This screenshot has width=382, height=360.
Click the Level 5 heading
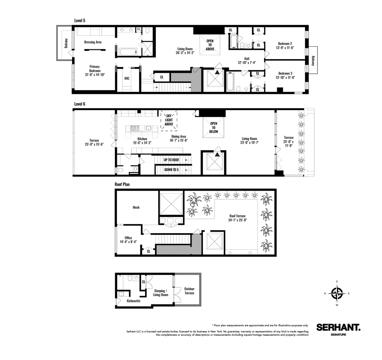(x=80, y=21)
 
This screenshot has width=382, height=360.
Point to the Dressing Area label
(x=93, y=42)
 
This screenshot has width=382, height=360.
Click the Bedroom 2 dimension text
(x=285, y=48)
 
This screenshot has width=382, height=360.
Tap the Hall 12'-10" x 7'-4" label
(x=246, y=60)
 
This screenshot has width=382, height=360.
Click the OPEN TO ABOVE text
(x=210, y=45)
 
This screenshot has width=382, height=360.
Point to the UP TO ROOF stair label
(x=171, y=159)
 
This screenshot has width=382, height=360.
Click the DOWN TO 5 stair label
(x=171, y=170)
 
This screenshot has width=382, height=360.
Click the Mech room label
(x=136, y=207)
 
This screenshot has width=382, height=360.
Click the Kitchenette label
(x=134, y=301)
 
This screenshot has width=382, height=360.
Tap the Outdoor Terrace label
(x=189, y=291)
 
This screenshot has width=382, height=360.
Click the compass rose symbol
(x=337, y=293)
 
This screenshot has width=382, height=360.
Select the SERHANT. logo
(x=338, y=327)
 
